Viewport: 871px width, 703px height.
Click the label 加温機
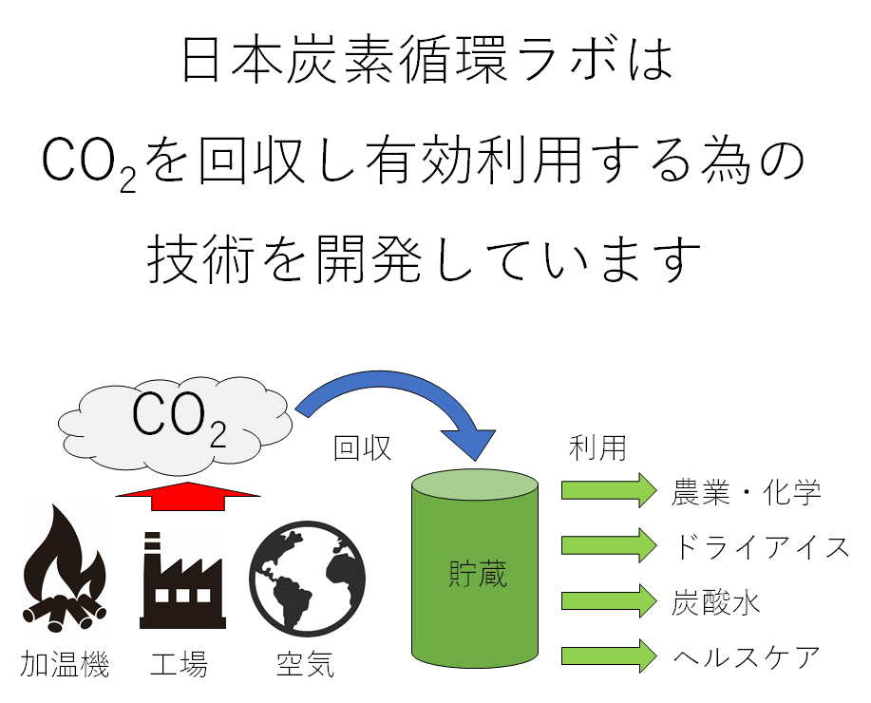coord(65,664)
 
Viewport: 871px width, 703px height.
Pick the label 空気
coord(305,664)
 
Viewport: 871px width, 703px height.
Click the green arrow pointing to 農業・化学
coord(609,490)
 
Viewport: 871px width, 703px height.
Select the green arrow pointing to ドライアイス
coord(609,545)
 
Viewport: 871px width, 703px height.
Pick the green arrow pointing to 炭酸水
coord(609,601)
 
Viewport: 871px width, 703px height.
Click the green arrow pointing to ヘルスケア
coord(609,656)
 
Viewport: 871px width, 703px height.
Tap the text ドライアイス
coord(761,546)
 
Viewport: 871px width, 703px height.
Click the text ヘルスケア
coord(746,657)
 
